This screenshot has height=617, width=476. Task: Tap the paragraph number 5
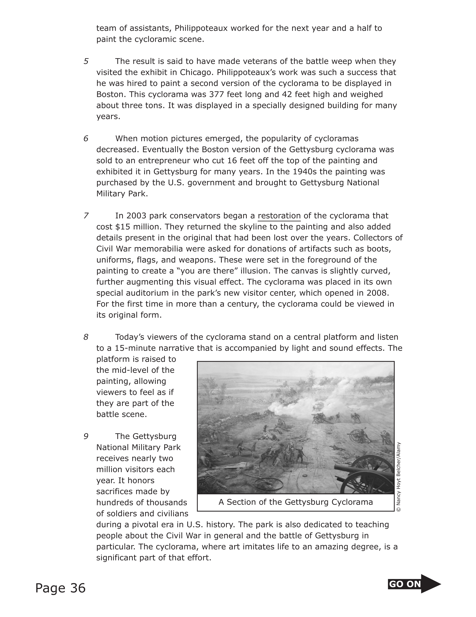[x=86, y=61]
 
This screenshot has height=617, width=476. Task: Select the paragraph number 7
[x=86, y=216]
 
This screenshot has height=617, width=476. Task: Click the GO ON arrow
[x=414, y=584]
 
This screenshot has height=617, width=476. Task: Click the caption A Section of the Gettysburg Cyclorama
[x=295, y=502]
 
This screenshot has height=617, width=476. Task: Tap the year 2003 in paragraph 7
[x=136, y=216]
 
